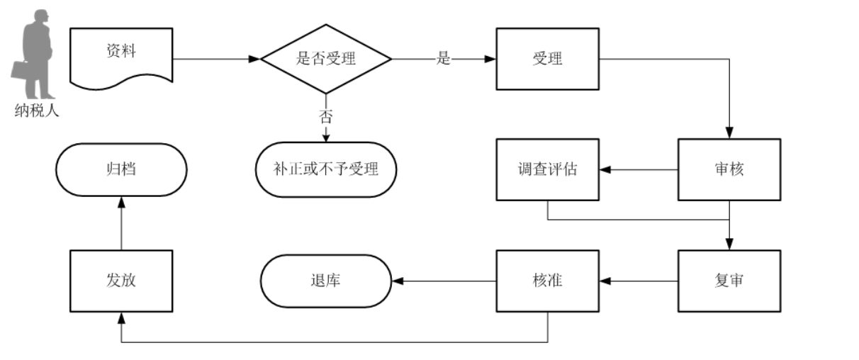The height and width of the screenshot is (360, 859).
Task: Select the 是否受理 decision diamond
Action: click(x=326, y=59)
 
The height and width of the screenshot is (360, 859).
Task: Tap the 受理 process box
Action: click(x=547, y=59)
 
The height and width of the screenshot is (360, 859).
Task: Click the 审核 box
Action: click(x=729, y=170)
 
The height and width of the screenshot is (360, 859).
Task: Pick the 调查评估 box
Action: click(x=547, y=170)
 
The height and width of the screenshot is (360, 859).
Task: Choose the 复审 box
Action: click(x=729, y=281)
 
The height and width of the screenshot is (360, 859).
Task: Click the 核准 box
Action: click(x=547, y=281)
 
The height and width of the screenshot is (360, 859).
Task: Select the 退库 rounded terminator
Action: click(x=326, y=281)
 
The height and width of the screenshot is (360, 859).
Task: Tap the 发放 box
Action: click(x=121, y=281)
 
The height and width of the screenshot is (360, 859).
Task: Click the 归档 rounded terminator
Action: click(x=121, y=170)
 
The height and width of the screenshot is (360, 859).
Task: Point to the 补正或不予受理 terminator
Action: click(x=326, y=170)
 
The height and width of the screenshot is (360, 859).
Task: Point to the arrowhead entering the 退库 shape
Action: click(x=398, y=281)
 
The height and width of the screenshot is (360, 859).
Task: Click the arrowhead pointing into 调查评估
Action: click(x=605, y=170)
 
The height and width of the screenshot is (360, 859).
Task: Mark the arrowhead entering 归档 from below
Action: click(x=121, y=203)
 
